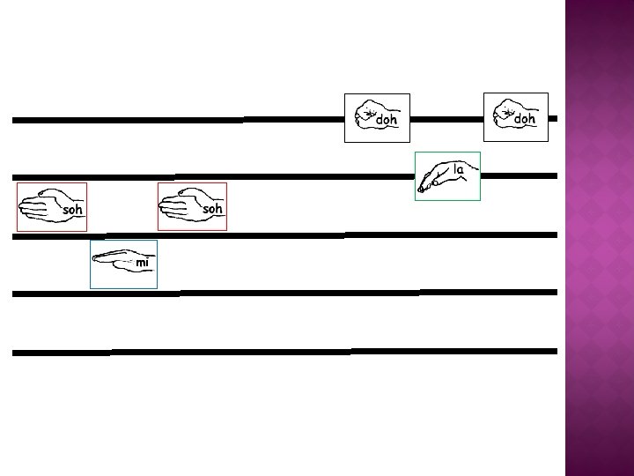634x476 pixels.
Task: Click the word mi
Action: coord(143,263)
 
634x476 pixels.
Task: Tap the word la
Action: coord(459,168)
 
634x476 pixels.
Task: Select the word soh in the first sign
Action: coord(72,211)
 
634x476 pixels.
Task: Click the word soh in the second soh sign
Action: coord(212,209)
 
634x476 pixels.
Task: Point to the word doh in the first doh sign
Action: coord(387,119)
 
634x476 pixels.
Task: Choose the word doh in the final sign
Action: coord(525,118)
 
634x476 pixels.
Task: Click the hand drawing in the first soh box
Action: coord(42,205)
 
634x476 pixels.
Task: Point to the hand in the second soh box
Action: coord(182,205)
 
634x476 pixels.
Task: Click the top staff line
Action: coord(176,119)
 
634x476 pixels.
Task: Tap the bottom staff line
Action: coord(264,352)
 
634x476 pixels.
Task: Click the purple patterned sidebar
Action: coord(599,238)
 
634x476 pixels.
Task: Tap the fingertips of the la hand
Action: coord(424,187)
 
